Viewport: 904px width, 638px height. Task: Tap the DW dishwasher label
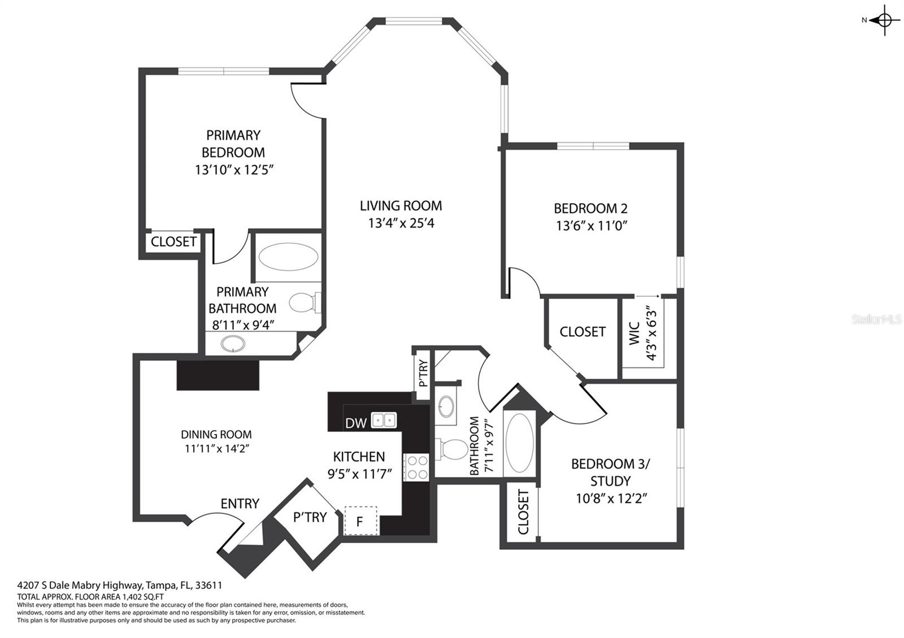tap(355, 423)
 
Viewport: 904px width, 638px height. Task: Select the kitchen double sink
tap(384, 420)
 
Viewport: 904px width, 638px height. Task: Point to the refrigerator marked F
tap(360, 521)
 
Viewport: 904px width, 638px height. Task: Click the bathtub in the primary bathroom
tap(288, 256)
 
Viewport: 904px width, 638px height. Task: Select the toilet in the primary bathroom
tap(305, 303)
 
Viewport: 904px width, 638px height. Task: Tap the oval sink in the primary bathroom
tap(233, 344)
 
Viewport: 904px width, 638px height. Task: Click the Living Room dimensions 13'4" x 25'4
tap(401, 223)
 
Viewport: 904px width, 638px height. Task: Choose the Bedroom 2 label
tap(590, 208)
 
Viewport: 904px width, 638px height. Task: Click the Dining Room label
tap(216, 434)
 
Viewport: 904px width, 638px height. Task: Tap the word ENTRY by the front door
tap(240, 503)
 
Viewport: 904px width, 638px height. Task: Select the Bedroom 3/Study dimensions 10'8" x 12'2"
tap(611, 499)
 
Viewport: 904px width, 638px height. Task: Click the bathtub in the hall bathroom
tap(520, 443)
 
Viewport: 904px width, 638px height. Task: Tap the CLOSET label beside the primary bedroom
tap(173, 242)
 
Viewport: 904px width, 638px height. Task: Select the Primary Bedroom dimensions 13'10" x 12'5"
tap(234, 170)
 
